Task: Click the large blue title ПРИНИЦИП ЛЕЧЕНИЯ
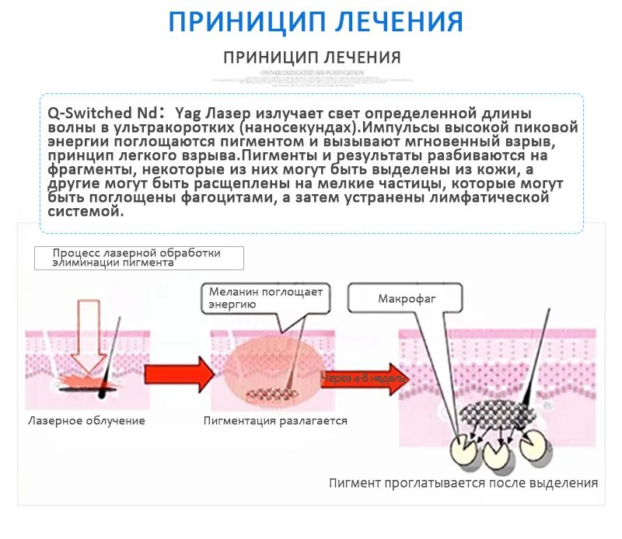point(316,21)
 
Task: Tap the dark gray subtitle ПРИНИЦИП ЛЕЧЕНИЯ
point(312,57)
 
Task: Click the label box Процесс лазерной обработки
point(138,258)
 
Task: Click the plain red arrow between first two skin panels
point(178,374)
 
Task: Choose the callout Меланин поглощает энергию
point(264,298)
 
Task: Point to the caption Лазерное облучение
point(86,421)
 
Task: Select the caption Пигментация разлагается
point(275,421)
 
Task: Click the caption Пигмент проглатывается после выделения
point(463,483)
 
